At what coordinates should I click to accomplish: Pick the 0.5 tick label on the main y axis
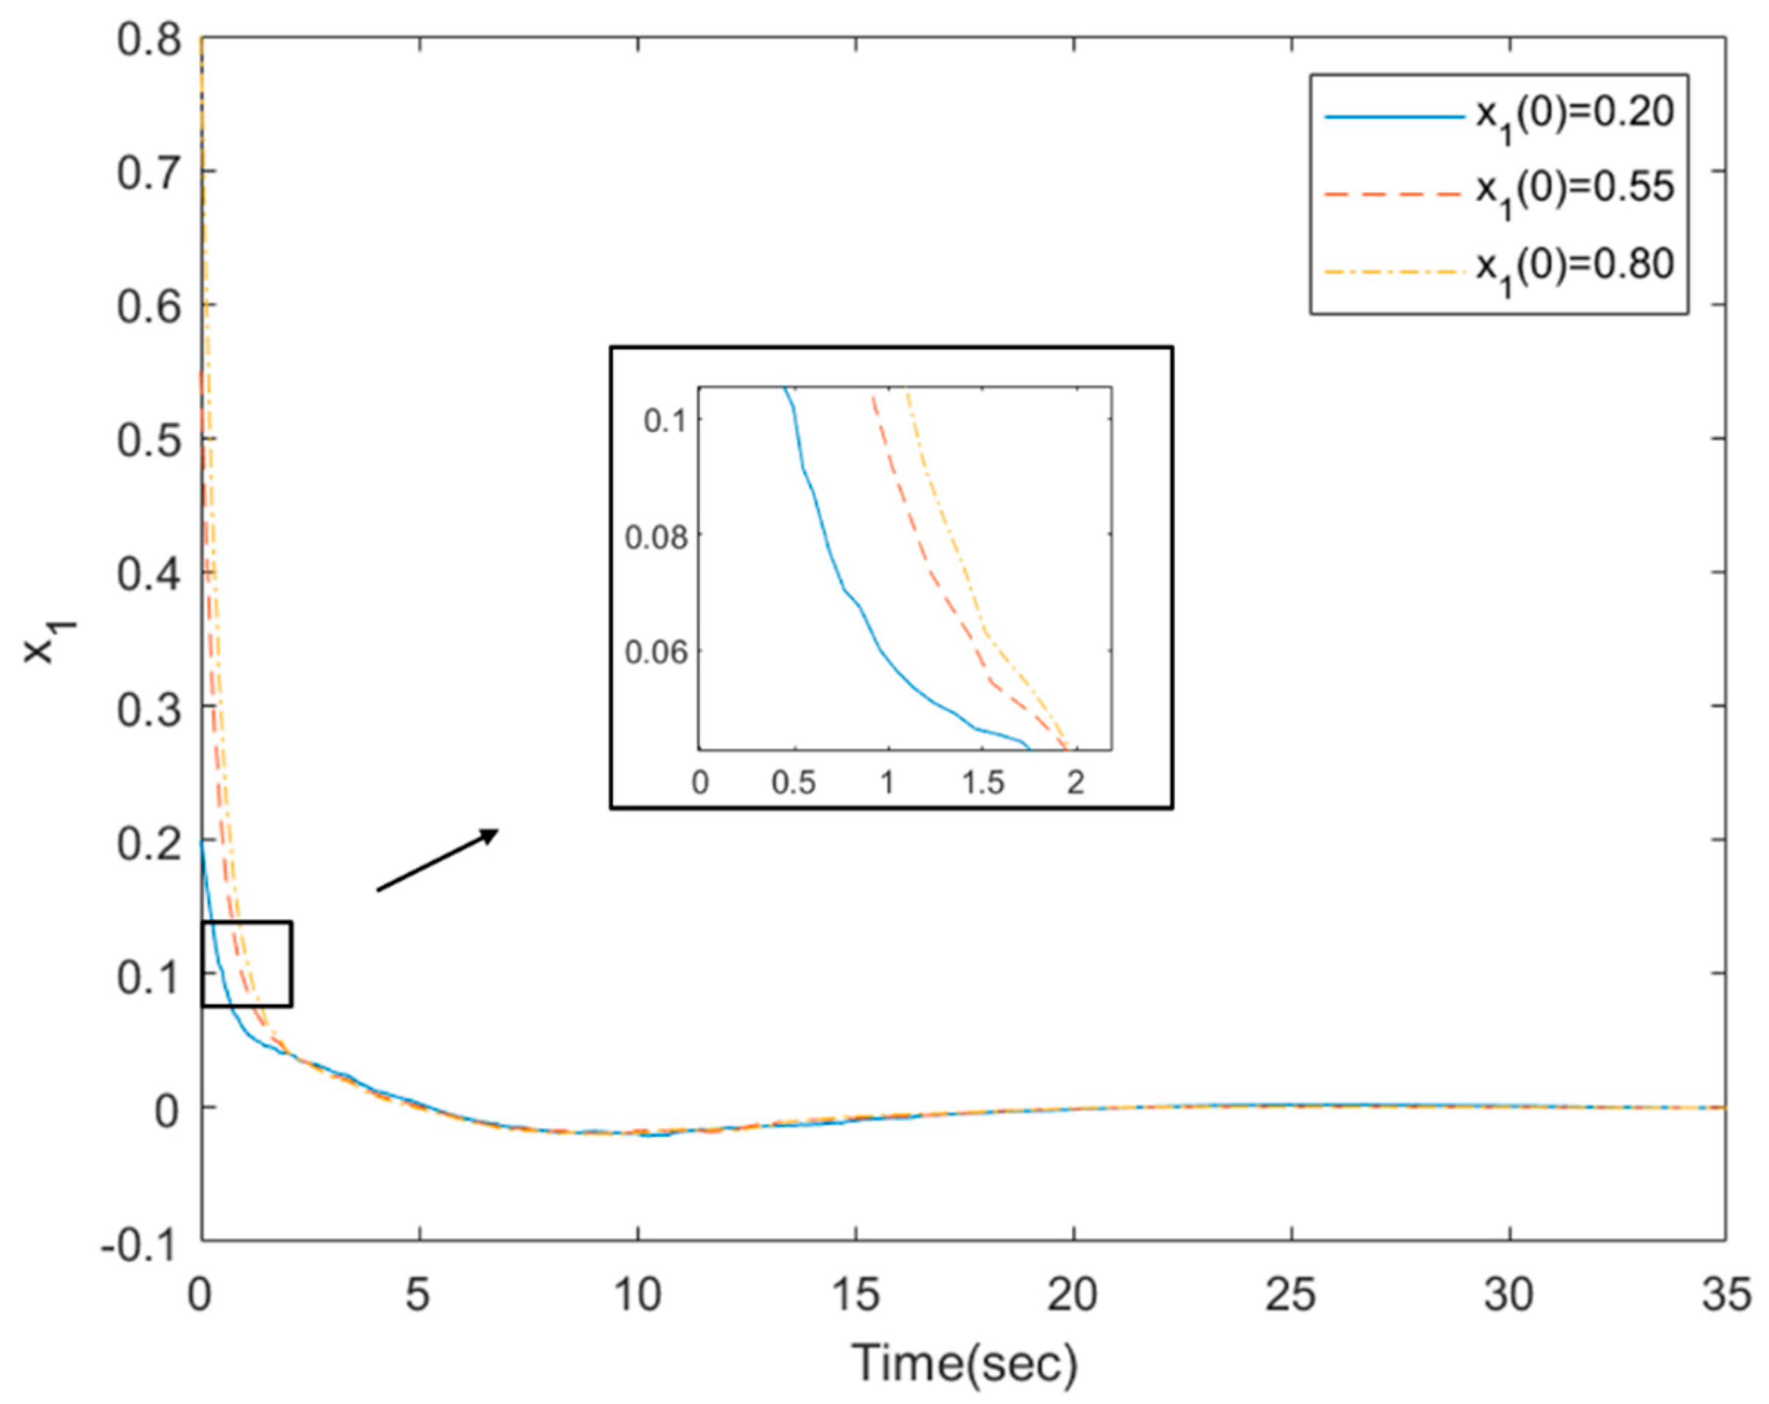[x=149, y=441]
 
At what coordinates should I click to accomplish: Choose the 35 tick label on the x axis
[x=1726, y=1295]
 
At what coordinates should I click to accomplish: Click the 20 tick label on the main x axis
[x=1072, y=1295]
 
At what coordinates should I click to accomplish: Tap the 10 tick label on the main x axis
[x=637, y=1295]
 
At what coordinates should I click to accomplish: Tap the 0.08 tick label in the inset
[x=655, y=538]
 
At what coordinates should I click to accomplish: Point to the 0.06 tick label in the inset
[x=655, y=652]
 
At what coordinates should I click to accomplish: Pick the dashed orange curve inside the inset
[x=928, y=558]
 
